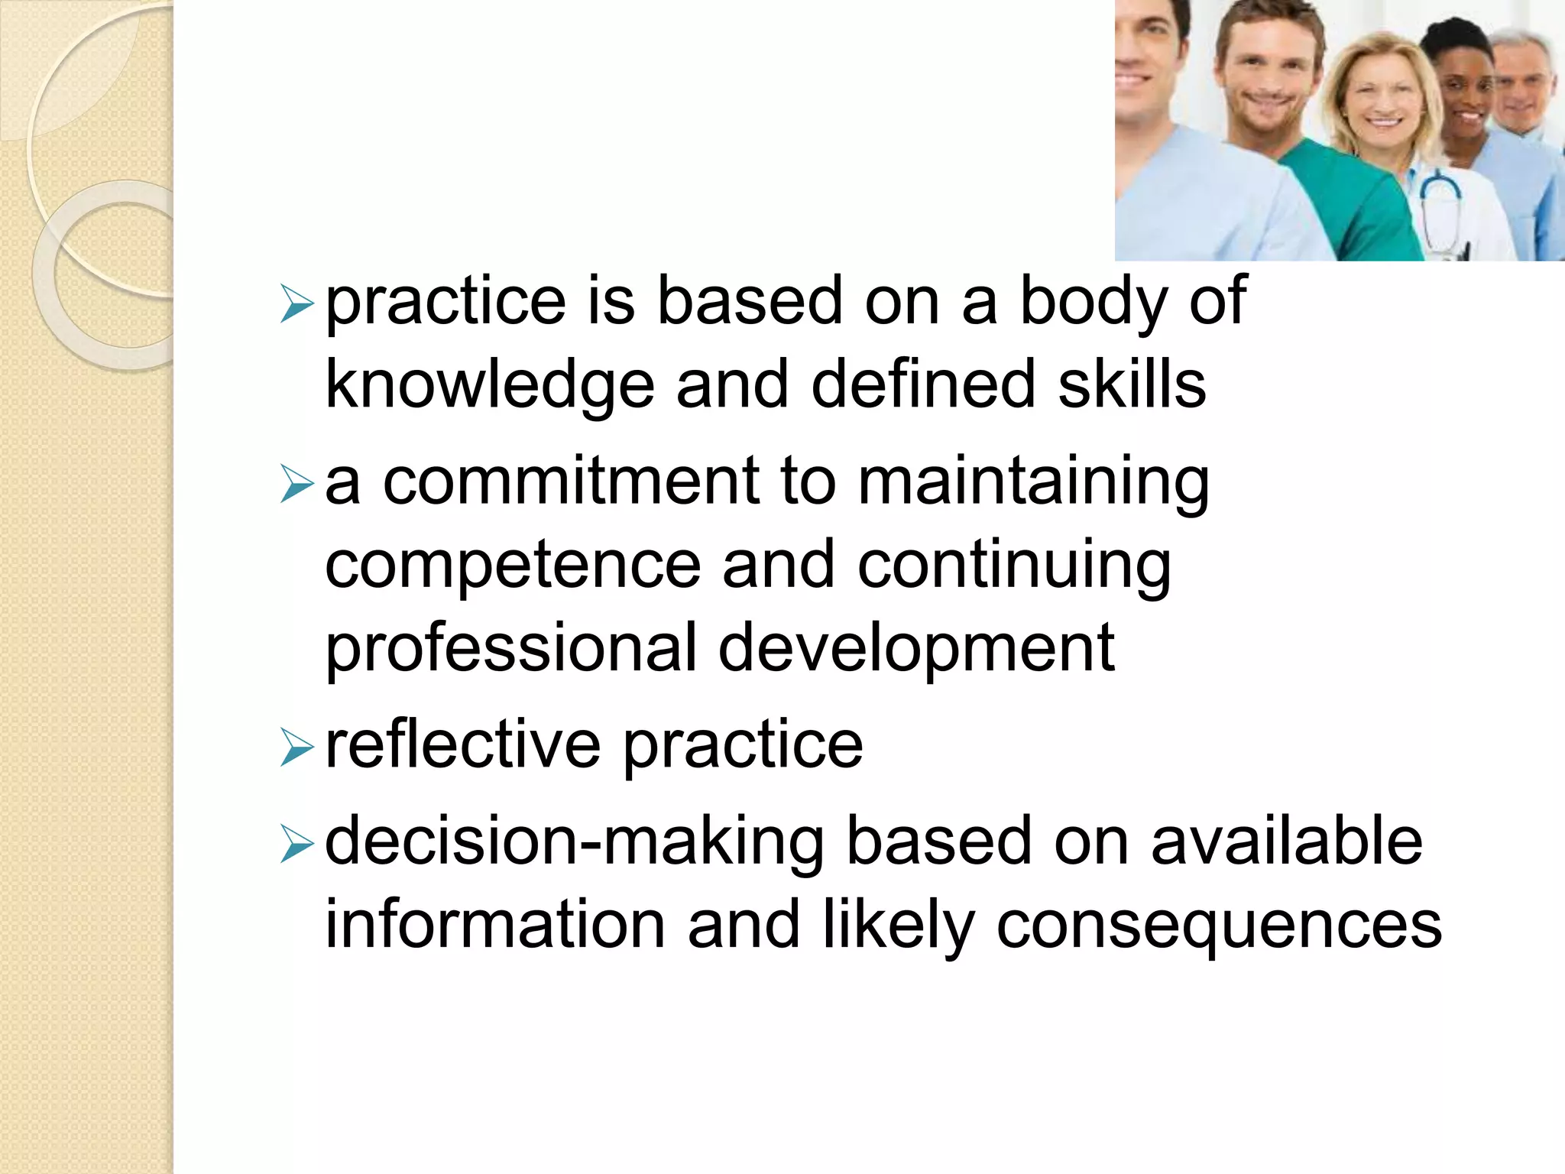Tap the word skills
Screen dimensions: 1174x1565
pyautogui.click(x=1132, y=384)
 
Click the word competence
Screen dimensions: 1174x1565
pyautogui.click(x=513, y=566)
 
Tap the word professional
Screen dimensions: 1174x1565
pyautogui.click(x=510, y=649)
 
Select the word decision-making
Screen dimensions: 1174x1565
pyautogui.click(x=574, y=842)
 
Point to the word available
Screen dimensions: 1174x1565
pyautogui.click(x=1286, y=841)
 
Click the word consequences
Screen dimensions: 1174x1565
pyautogui.click(x=1219, y=926)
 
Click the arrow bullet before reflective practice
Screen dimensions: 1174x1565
pyautogui.click(x=296, y=747)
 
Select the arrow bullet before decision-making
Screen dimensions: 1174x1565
pyautogui.click(x=296, y=844)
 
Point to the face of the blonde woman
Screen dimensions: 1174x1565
pyautogui.click(x=1380, y=99)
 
